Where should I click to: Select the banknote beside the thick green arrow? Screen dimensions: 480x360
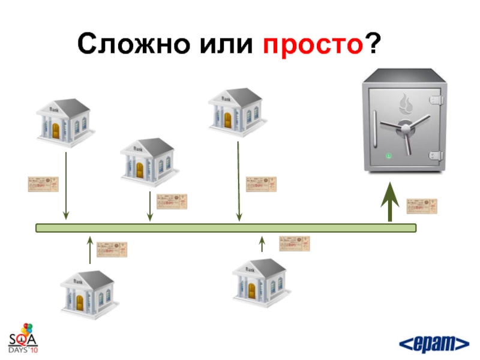coord(422,206)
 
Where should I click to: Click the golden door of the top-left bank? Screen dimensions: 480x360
coord(56,131)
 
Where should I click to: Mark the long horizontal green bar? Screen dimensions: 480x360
coord(226,228)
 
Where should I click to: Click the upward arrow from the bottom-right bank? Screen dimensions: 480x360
coord(262,244)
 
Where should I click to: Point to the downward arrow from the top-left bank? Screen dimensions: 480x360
coord(67,186)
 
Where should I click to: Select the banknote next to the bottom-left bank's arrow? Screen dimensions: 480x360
coord(112,250)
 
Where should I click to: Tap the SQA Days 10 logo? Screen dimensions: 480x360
coord(23,339)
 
